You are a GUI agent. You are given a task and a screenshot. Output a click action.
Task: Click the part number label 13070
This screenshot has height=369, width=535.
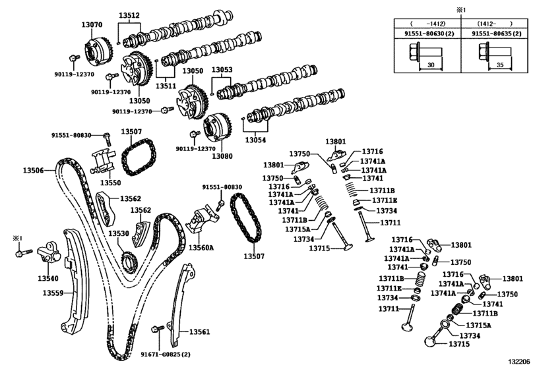coord(92,24)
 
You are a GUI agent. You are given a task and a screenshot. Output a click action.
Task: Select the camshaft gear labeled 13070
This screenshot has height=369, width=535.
coord(96,51)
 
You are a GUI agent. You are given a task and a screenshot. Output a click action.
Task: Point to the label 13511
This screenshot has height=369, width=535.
coord(166,85)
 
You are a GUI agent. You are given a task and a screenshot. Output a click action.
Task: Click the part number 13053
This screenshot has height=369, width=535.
coord(222,70)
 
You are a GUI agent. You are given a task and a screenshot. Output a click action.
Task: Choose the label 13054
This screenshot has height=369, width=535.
coord(255,140)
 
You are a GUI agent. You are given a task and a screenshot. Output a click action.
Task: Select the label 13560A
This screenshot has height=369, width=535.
coord(201,248)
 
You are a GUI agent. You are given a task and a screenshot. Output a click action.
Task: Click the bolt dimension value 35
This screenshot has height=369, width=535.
coord(499,66)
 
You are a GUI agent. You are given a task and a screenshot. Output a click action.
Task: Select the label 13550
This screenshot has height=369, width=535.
coord(110,182)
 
